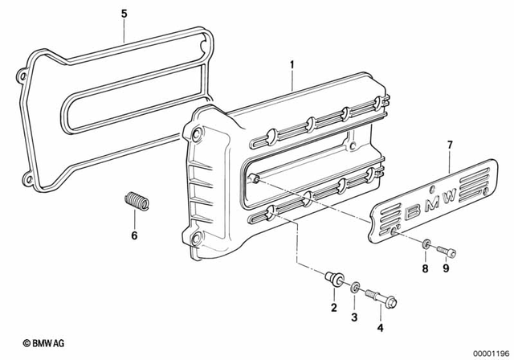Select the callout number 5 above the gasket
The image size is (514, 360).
pos(123,14)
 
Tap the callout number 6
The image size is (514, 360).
pos(134,235)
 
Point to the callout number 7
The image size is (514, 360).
pos(450,145)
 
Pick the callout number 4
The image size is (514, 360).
pos(381,327)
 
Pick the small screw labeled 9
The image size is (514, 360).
pos(447,251)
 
